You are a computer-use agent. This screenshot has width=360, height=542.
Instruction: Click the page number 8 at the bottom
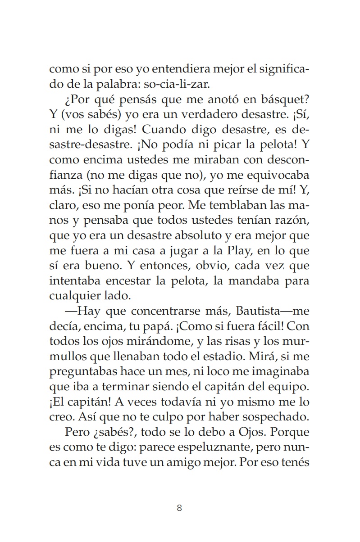point(179,508)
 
